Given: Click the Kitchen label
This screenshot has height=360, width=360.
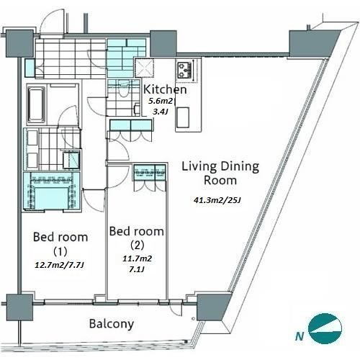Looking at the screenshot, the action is (x=165, y=89).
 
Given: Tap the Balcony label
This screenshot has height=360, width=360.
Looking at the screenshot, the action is (x=112, y=324).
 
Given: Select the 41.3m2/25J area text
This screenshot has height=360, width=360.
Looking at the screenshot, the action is (x=217, y=200).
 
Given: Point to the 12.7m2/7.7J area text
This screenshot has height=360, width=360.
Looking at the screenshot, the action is (x=59, y=265).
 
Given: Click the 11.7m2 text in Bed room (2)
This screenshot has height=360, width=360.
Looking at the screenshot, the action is (x=137, y=258).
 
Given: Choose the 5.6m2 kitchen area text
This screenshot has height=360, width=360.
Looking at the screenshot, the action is (x=161, y=101).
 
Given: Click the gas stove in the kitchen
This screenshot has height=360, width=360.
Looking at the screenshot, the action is (x=185, y=71).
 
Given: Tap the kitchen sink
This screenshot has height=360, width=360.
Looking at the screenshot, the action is (x=183, y=117).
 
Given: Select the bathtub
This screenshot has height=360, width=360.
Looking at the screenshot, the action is (x=37, y=105).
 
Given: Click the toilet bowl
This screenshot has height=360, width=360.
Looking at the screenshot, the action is (x=124, y=89).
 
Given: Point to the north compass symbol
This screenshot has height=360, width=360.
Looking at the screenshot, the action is (x=325, y=328).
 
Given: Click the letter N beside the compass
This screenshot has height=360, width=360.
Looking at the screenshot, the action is (x=300, y=336).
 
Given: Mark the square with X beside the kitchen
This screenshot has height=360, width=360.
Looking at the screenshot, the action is (x=144, y=68).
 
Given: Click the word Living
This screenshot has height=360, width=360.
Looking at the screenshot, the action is (x=199, y=166).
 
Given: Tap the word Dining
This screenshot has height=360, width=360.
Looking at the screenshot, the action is (x=240, y=166).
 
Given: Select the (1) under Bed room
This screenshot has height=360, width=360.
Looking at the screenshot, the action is (x=60, y=251).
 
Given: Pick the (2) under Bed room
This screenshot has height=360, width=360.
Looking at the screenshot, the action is (x=137, y=245).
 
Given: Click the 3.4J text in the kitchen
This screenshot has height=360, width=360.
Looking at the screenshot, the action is (x=160, y=112).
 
